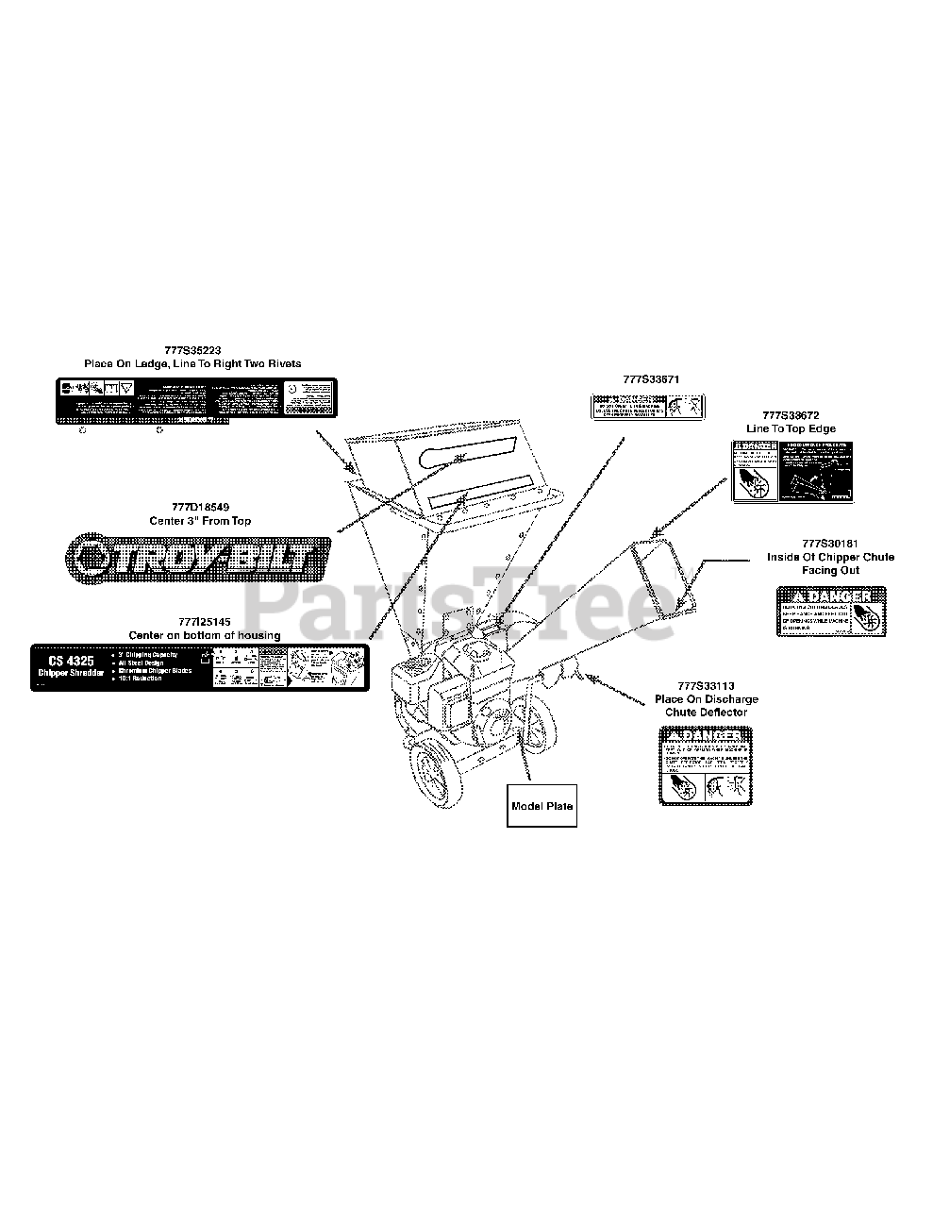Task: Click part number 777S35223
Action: [x=192, y=350]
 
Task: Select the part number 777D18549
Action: [x=201, y=509]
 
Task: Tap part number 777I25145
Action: [x=204, y=623]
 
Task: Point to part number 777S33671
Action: [x=651, y=379]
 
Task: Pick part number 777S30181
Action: [x=830, y=544]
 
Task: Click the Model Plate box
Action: [x=541, y=806]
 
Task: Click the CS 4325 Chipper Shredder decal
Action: [x=199, y=667]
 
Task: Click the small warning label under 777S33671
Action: [x=646, y=407]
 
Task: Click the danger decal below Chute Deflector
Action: [x=705, y=765]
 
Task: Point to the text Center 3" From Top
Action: [x=201, y=521]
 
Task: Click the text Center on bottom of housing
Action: [x=204, y=635]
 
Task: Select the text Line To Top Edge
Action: [x=791, y=428]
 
